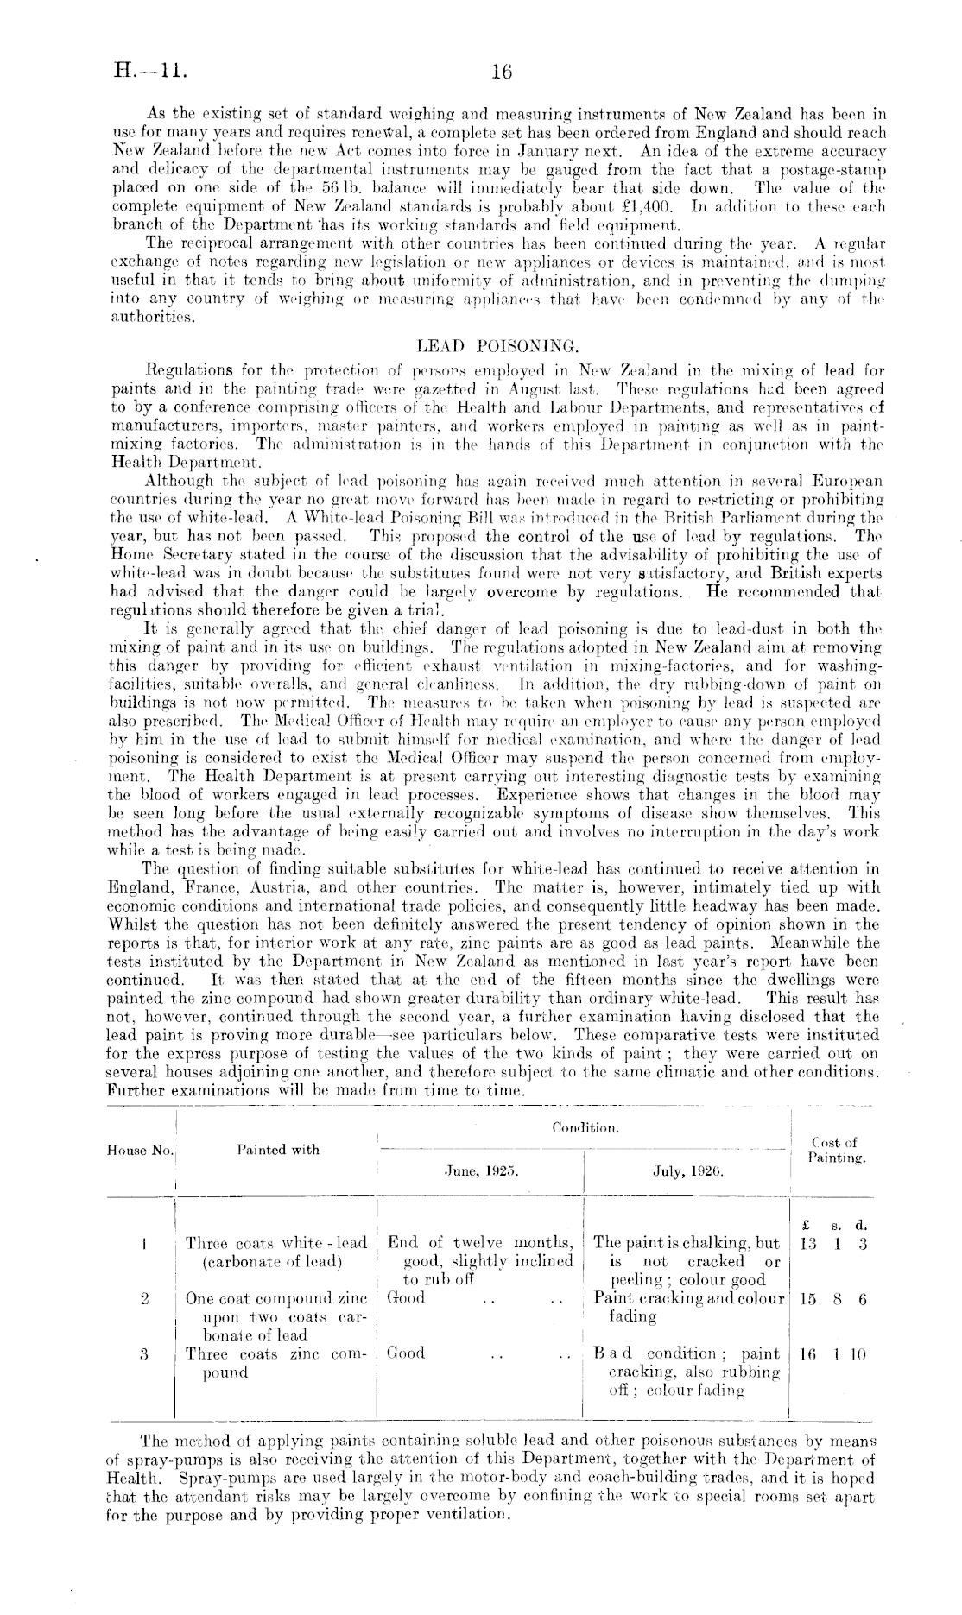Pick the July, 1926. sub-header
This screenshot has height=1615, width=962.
point(687,1172)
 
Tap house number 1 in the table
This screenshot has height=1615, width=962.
point(142,1244)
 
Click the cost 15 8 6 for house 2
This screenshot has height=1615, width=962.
point(833,1298)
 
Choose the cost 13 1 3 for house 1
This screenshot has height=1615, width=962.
point(833,1244)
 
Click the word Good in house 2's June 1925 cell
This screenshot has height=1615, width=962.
point(407,1297)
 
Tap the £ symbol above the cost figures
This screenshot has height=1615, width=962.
point(805,1224)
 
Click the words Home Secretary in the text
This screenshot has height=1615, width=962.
point(163,556)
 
